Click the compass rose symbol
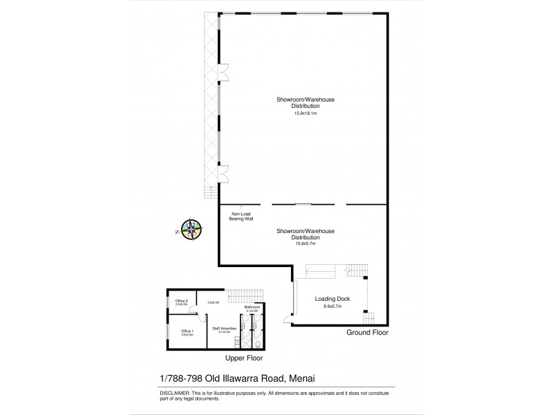tap(191, 229)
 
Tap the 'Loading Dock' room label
tap(332, 299)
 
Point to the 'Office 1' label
tap(187, 331)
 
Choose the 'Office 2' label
tap(182, 301)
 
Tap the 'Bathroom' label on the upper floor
tap(252, 306)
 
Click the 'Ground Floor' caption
tap(367, 333)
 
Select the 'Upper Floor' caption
tap(244, 359)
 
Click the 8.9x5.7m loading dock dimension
tap(332, 306)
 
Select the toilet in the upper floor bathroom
tap(257, 342)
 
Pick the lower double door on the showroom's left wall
tap(223, 172)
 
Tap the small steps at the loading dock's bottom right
tap(368, 318)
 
